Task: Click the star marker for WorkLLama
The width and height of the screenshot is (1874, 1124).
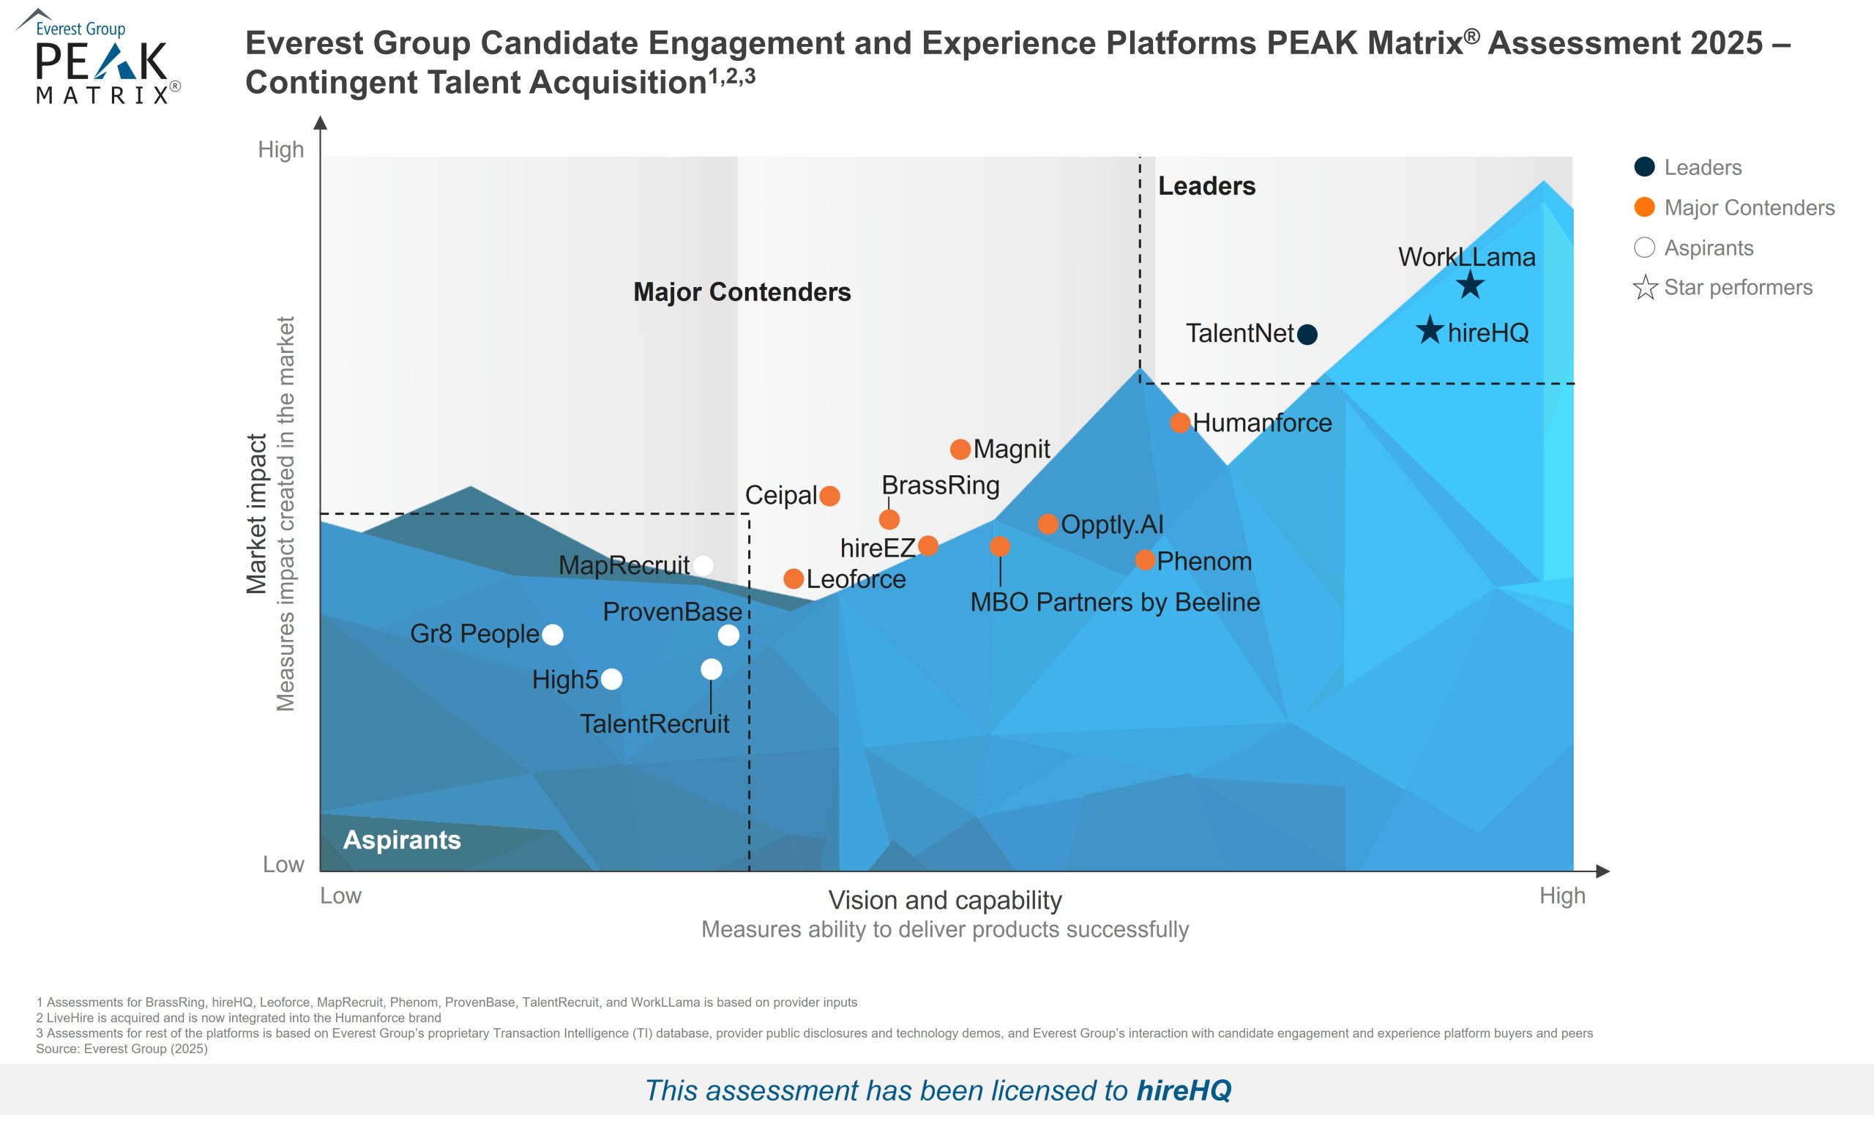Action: point(1470,286)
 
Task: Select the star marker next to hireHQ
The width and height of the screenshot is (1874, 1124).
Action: point(1430,330)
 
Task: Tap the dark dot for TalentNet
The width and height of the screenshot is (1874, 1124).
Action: point(1307,334)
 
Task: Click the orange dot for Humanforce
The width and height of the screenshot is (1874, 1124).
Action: point(1180,423)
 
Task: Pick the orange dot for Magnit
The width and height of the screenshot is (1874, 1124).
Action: point(960,449)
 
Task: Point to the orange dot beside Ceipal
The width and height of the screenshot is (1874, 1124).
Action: point(830,496)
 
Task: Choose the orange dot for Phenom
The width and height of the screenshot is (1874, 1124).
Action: point(1145,560)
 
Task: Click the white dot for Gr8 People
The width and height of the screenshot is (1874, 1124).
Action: point(553,635)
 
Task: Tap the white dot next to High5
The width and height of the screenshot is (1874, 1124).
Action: point(612,680)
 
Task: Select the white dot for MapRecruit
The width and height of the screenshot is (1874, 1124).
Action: point(703,565)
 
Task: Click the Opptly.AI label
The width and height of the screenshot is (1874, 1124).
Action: point(1111,524)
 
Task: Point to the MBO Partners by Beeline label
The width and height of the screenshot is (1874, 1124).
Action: point(1115,602)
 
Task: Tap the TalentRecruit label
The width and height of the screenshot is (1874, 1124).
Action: point(654,724)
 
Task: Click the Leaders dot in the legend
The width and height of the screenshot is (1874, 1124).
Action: point(1644,168)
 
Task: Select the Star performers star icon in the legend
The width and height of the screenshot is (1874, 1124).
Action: point(1645,288)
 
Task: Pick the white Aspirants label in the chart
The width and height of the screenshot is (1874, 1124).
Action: point(401,840)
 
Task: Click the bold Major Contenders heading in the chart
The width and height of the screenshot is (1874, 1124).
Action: point(742,292)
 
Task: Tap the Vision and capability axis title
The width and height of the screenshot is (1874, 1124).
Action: point(945,900)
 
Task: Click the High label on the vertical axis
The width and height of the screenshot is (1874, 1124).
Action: point(281,150)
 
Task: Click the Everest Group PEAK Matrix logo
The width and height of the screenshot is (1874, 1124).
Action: point(98,59)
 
